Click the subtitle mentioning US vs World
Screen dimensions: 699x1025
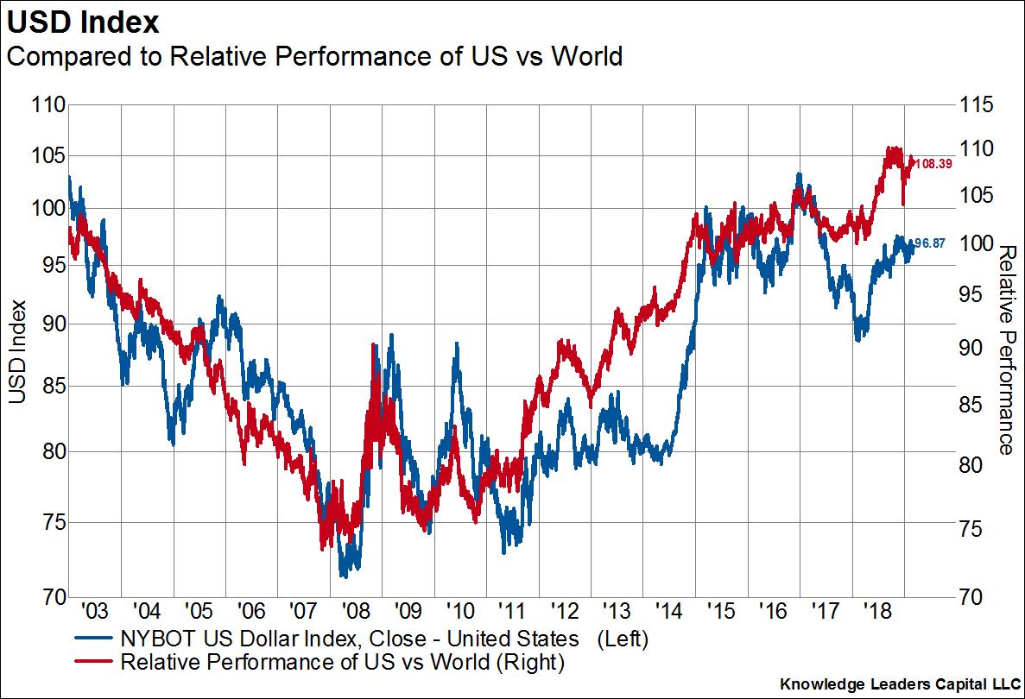click(314, 57)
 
